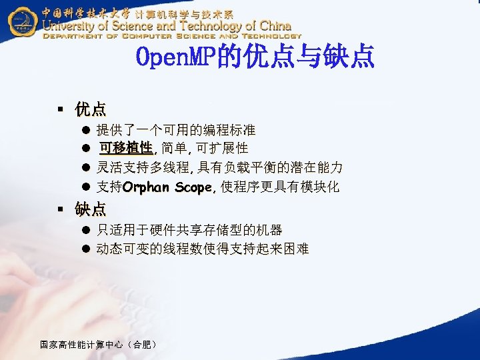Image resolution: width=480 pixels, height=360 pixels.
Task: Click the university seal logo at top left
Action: pos(22,21)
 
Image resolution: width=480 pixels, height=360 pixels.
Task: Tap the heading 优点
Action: pos(90,109)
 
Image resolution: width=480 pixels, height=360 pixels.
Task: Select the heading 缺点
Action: pos(90,209)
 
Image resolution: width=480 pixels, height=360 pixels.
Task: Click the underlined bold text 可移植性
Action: pos(126,148)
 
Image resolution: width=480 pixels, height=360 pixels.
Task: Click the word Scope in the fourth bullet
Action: pos(193,187)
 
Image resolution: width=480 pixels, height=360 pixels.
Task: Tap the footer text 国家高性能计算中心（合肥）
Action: pos(99,345)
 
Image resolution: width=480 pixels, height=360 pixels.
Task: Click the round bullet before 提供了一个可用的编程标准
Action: pos(86,129)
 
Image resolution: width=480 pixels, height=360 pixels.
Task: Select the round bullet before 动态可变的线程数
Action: pos(86,249)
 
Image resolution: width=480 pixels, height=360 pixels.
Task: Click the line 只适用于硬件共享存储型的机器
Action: pos(189,230)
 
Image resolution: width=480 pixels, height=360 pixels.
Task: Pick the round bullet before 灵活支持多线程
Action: pos(86,167)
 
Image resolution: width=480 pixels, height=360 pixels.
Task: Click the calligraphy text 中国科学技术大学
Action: pos(86,12)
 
